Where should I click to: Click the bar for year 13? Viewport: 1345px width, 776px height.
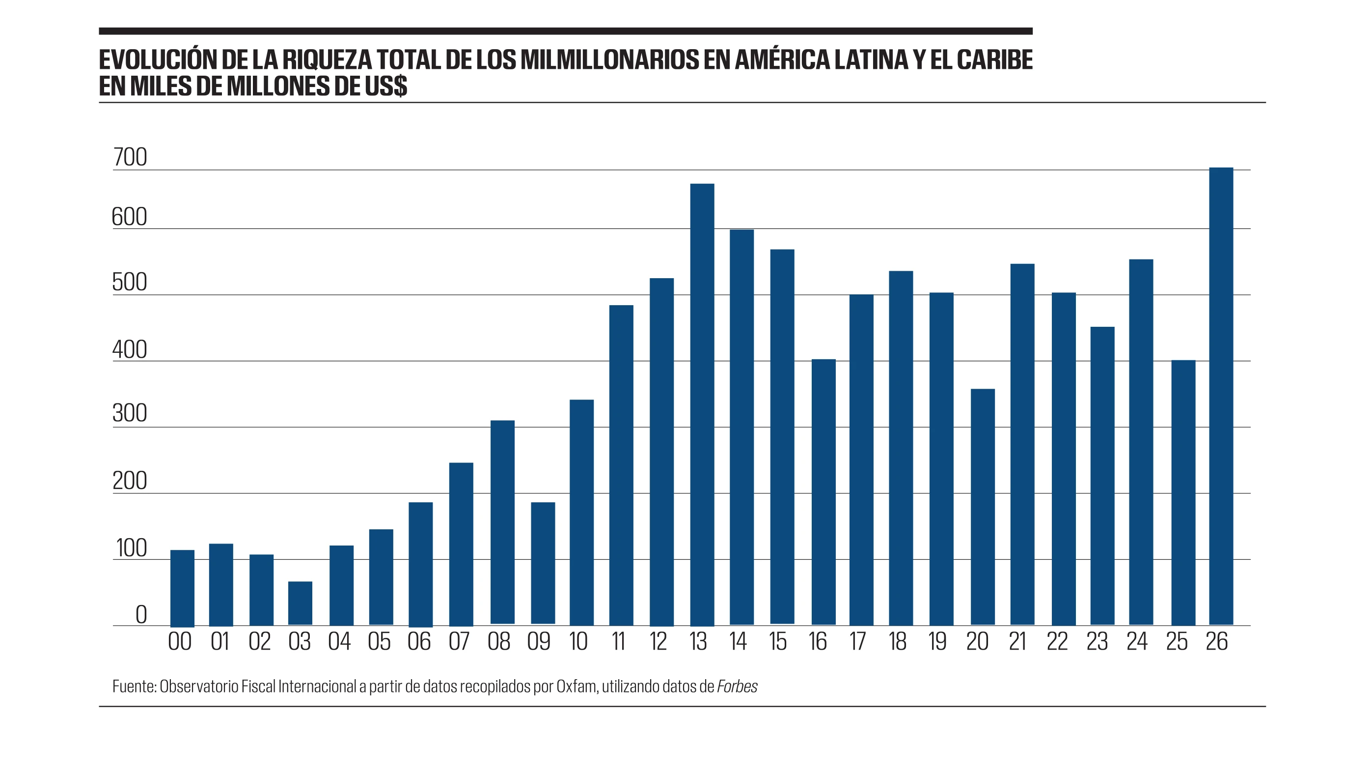702,405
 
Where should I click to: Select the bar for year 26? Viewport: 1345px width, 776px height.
1221,397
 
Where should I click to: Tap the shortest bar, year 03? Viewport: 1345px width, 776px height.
301,604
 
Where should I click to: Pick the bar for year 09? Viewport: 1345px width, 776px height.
543,563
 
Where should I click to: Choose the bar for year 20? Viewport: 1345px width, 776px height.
983,507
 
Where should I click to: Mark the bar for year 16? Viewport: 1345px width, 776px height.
823,492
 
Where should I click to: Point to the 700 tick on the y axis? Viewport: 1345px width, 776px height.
130,158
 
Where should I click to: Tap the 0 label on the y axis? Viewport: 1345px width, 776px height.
141,614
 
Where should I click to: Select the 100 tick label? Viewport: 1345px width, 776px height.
131,548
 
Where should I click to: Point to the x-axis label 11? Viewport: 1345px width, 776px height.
618,642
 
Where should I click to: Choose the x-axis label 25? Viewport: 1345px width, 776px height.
1177,642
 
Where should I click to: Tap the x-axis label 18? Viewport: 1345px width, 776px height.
897,642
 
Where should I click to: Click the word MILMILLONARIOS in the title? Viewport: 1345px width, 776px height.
609,59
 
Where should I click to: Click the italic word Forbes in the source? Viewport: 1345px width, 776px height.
737,687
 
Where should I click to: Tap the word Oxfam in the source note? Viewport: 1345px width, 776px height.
576,687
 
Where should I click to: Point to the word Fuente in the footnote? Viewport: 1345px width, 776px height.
134,687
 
